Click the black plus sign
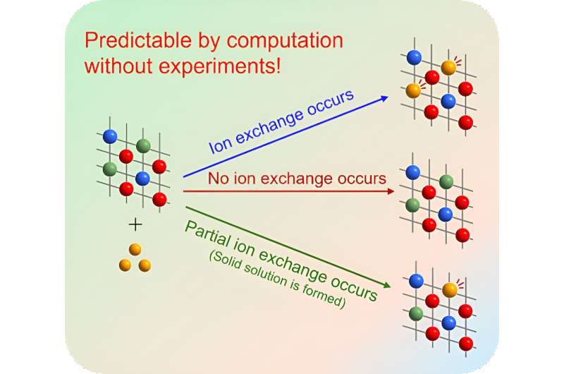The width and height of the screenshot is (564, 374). click(x=135, y=224)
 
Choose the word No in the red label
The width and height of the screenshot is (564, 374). click(x=217, y=179)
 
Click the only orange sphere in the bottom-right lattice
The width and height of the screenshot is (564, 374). click(x=449, y=289)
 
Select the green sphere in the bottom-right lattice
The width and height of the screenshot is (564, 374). click(x=416, y=312)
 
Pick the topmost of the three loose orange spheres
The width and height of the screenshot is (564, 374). click(x=135, y=250)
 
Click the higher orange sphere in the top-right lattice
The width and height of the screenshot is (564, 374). click(x=449, y=68)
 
